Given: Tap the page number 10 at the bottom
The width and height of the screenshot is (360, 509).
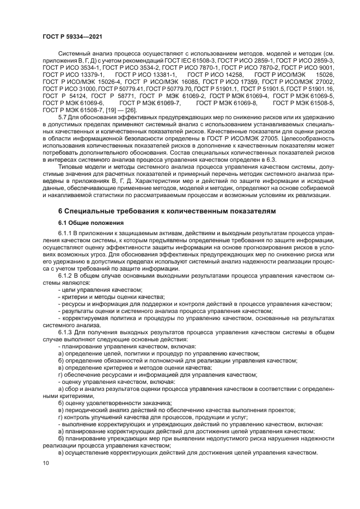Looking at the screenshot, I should click(x=45, y=463).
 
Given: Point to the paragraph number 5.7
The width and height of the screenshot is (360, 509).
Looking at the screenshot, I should click(x=63, y=116).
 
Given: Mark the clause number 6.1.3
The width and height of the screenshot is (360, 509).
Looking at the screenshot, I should click(x=66, y=331).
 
